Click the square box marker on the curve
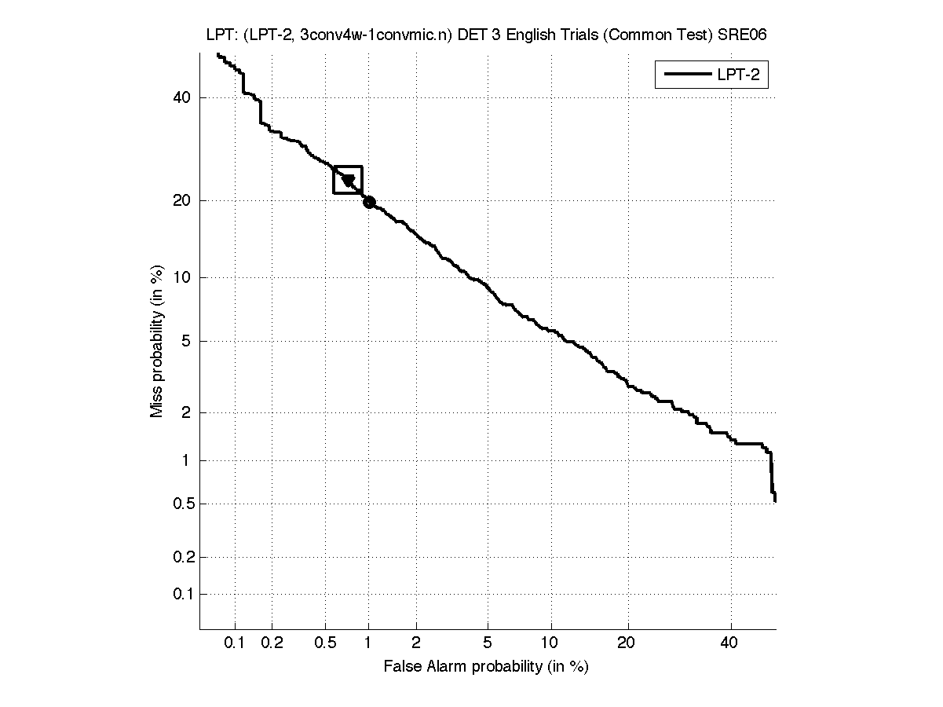pos(348,180)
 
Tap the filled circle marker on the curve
pos(369,202)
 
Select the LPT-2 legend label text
pos(741,75)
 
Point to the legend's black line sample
pos(686,75)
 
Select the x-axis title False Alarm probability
pos(486,667)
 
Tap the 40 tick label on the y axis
pos(182,97)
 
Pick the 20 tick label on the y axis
pos(182,200)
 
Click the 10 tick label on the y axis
pos(182,277)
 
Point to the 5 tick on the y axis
pos(186,341)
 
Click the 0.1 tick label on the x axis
pos(235,644)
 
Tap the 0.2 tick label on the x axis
pos(272,644)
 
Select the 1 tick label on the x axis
pos(368,644)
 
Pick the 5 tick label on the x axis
pos(488,644)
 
